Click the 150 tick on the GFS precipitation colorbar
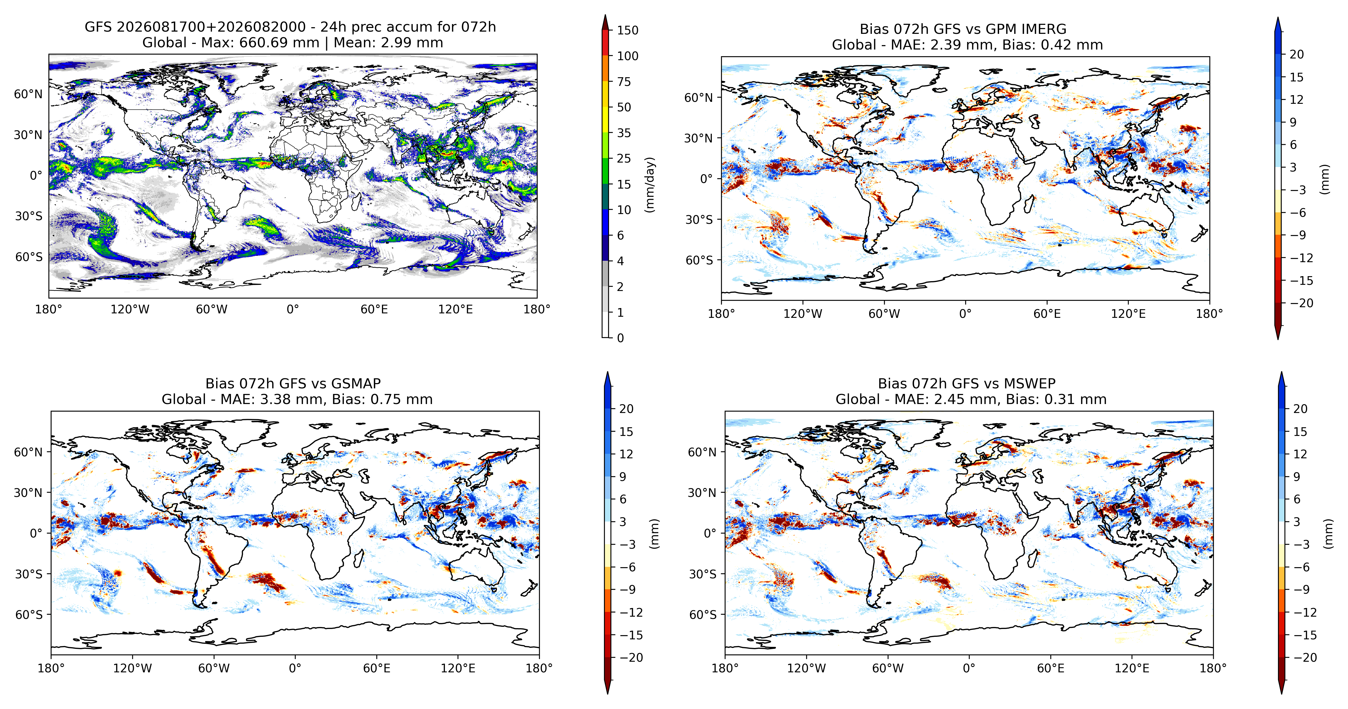click(x=628, y=30)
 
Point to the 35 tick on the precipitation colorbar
click(x=624, y=133)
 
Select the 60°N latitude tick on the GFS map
click(x=28, y=94)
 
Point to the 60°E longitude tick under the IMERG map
click(x=1047, y=314)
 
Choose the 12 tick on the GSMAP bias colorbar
click(x=626, y=454)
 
